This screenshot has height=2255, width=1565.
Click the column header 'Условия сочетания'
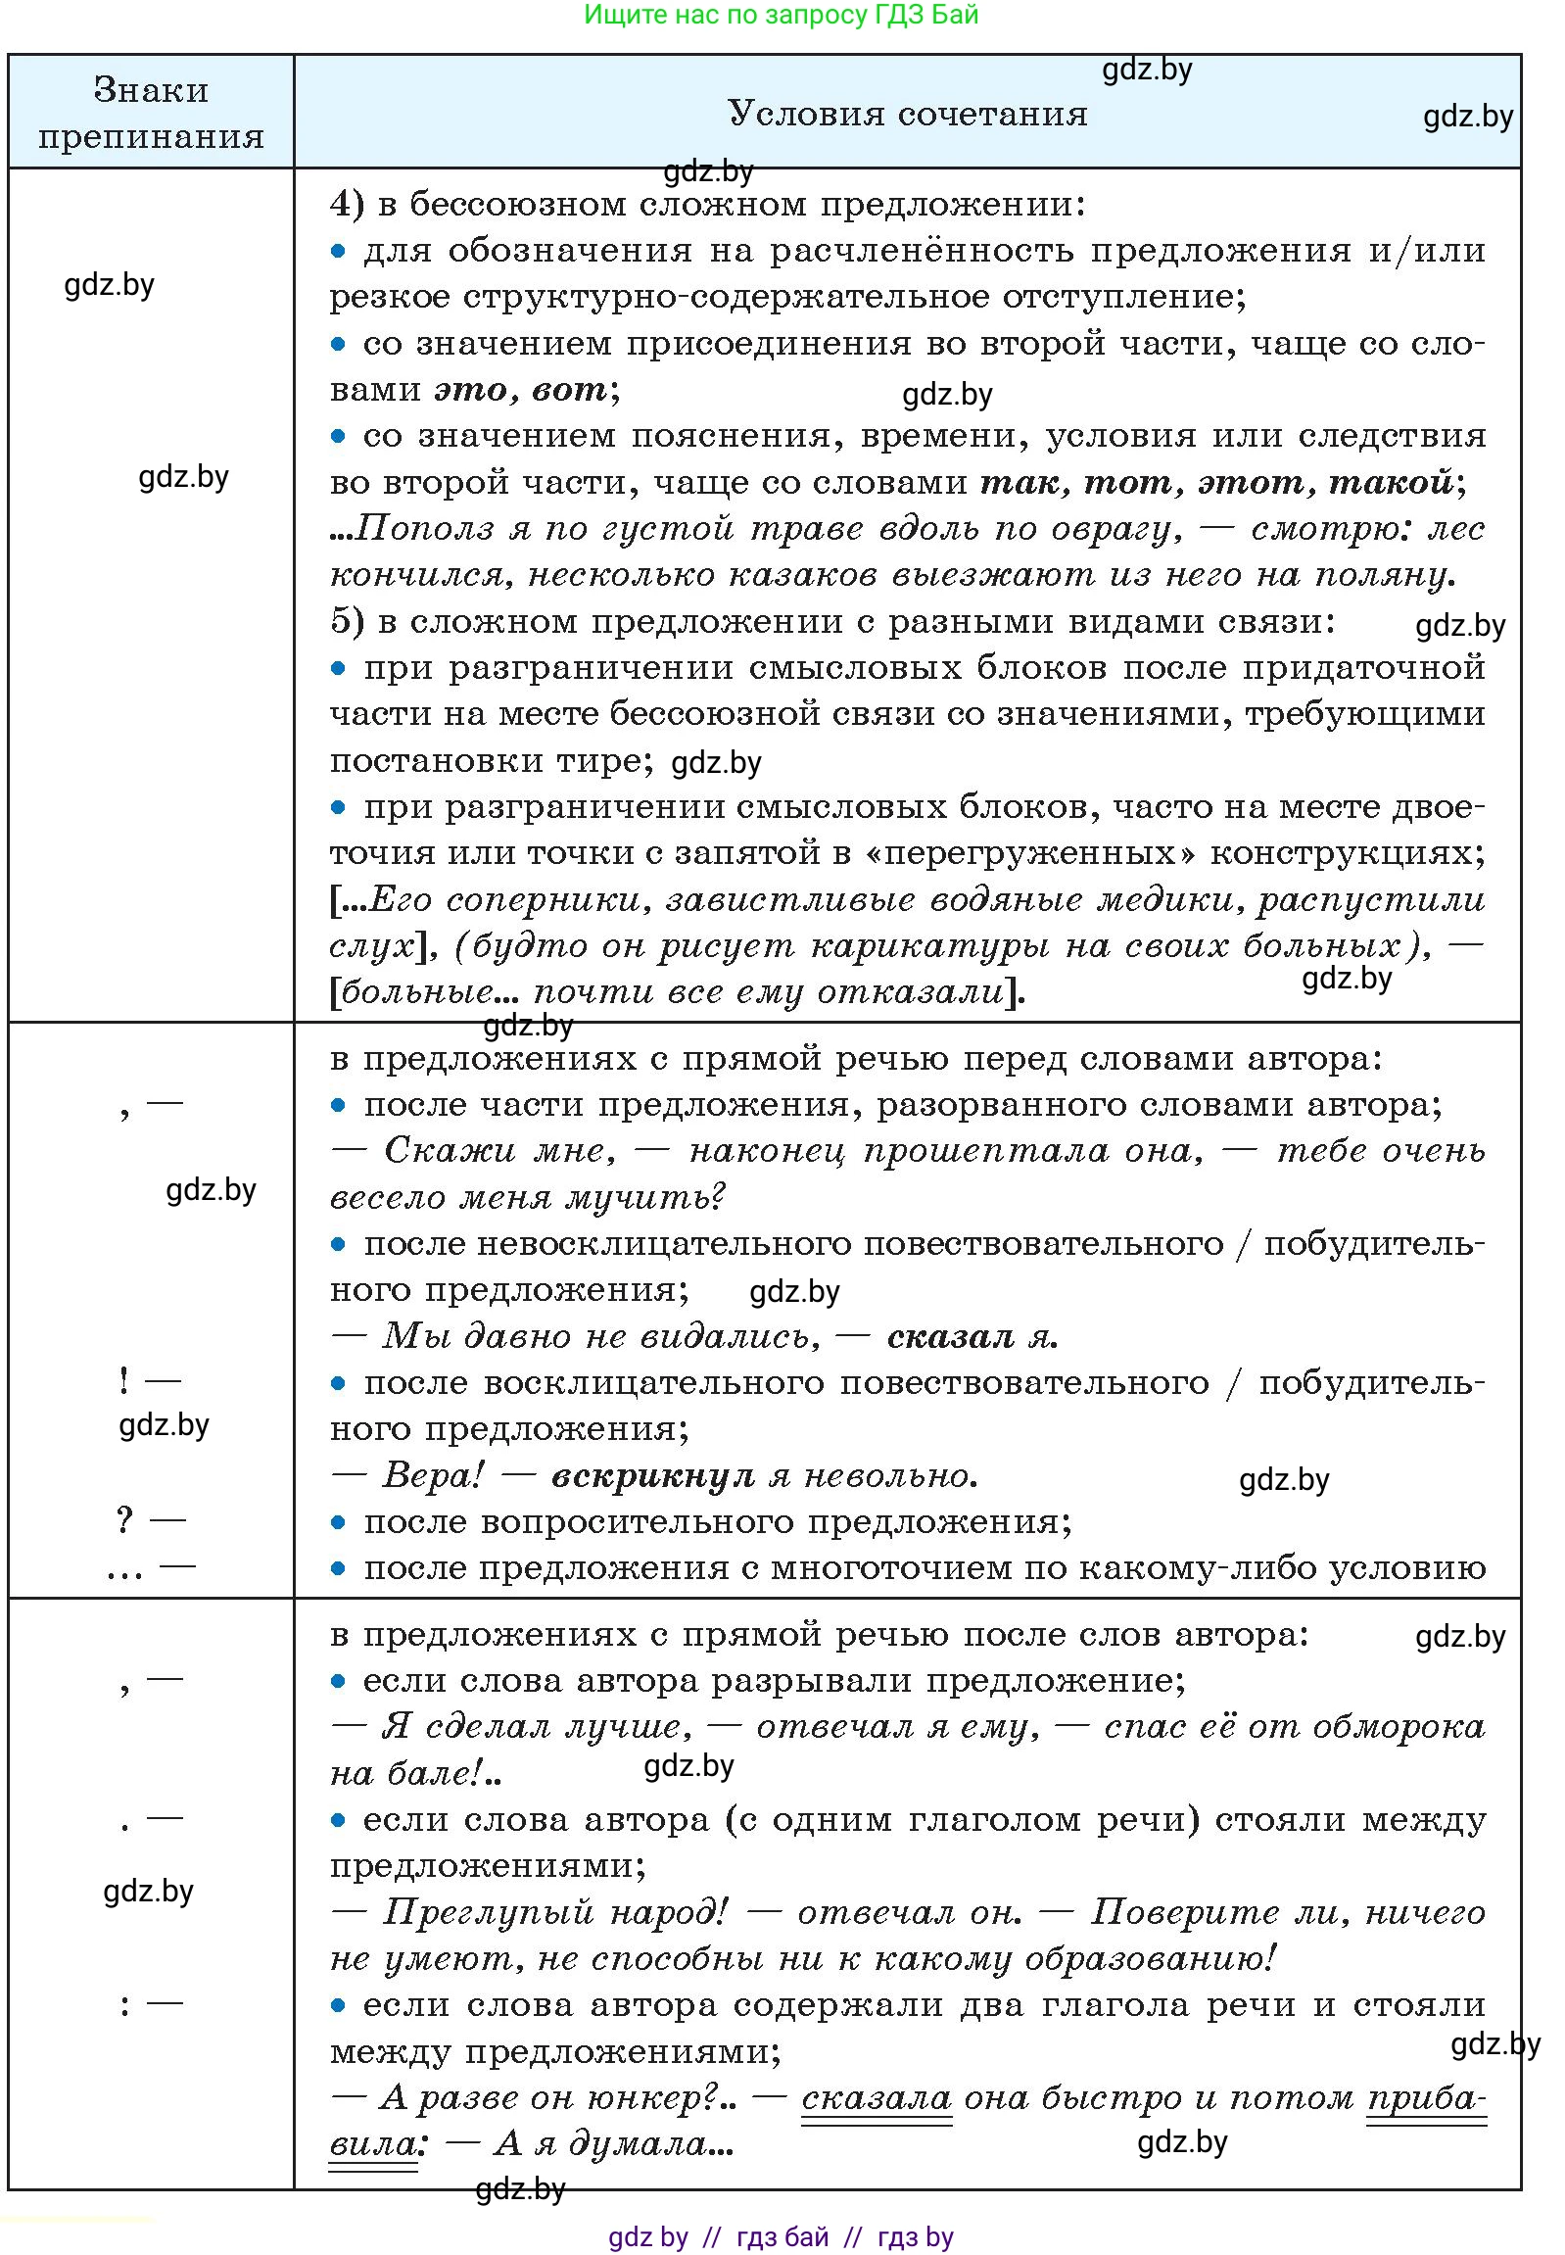pyautogui.click(x=907, y=114)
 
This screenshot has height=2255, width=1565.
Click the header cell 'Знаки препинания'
pyautogui.click(x=151, y=113)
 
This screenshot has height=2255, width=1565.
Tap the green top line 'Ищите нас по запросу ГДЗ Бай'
pyautogui.click(x=781, y=15)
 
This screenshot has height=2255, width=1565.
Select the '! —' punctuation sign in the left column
pyautogui.click(x=149, y=1380)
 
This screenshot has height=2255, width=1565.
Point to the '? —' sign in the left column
pyautogui.click(x=150, y=1519)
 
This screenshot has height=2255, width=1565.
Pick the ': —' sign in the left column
pyautogui.click(x=151, y=2004)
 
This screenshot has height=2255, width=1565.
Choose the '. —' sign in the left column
pyautogui.click(x=151, y=1819)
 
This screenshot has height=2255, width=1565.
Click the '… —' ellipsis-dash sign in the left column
pyautogui.click(x=151, y=1568)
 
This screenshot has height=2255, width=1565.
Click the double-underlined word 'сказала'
pyautogui.click(x=876, y=2098)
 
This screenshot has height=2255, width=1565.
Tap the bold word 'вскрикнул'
pyautogui.click(x=652, y=1475)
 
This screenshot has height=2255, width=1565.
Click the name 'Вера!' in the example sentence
pyautogui.click(x=433, y=1475)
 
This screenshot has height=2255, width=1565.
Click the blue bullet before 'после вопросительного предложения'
pyautogui.click(x=338, y=1522)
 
